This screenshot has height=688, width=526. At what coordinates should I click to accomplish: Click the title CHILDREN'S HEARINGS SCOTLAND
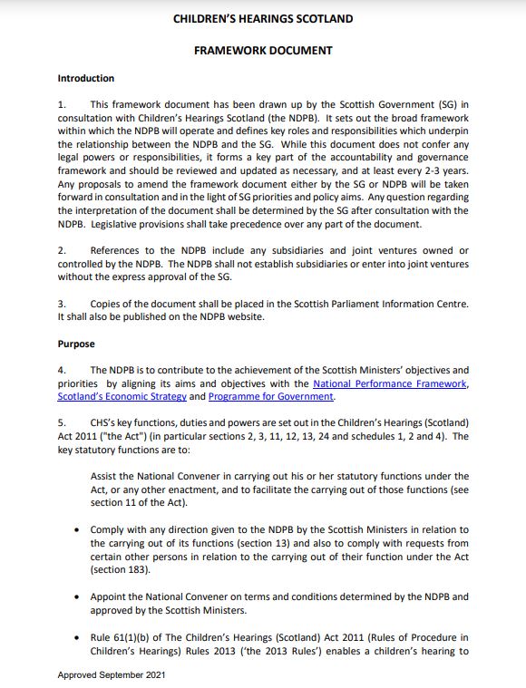[263, 19]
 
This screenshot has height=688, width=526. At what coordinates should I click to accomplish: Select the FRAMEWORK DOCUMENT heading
[263, 51]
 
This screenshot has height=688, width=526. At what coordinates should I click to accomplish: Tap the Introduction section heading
[86, 79]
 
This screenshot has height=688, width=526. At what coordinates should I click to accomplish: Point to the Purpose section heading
[75, 344]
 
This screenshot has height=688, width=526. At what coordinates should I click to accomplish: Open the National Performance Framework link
[390, 383]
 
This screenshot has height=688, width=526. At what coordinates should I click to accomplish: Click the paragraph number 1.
[61, 104]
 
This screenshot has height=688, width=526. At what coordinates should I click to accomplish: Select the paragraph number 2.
[61, 250]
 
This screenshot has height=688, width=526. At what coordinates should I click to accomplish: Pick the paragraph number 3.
[61, 304]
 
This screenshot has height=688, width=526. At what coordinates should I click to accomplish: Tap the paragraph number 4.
[61, 371]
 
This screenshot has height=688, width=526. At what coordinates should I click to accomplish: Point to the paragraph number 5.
[61, 422]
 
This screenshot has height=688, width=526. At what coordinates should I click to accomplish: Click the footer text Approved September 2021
[112, 675]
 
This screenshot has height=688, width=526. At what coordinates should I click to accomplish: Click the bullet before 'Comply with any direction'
[80, 529]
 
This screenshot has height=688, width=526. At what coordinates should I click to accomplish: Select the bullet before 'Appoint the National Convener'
[80, 596]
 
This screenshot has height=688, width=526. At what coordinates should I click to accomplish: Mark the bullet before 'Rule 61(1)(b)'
[80, 637]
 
